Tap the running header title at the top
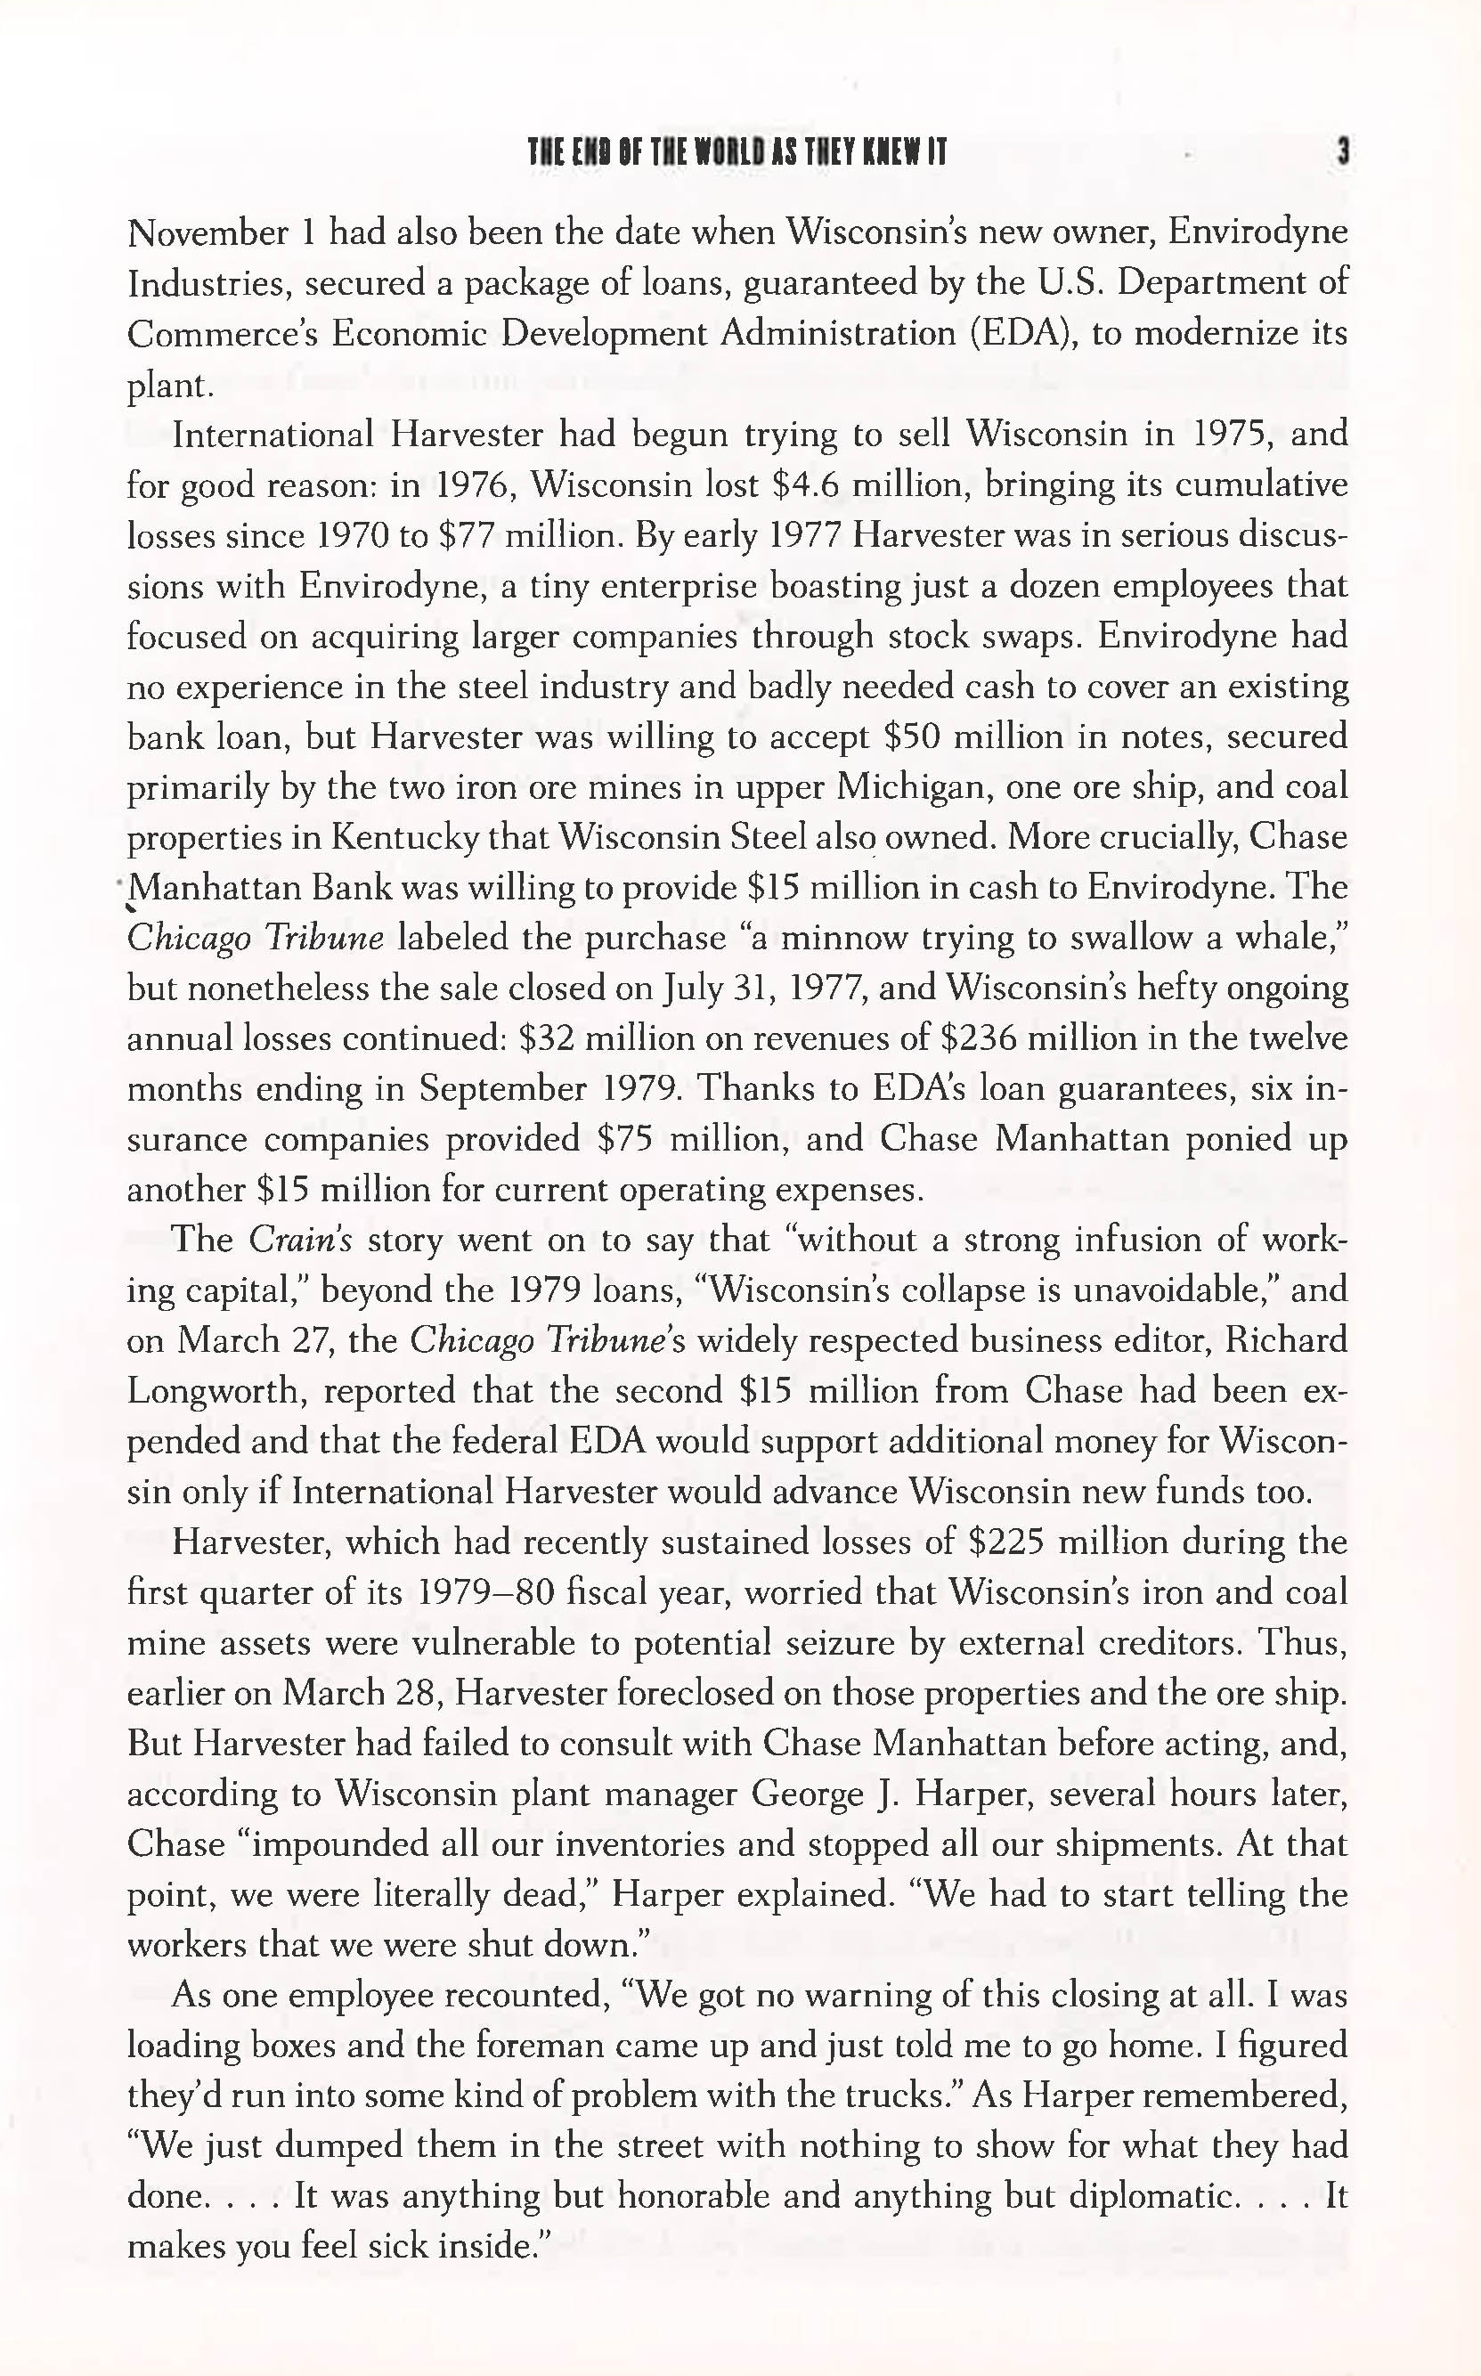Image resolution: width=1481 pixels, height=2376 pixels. pyautogui.click(x=737, y=153)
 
